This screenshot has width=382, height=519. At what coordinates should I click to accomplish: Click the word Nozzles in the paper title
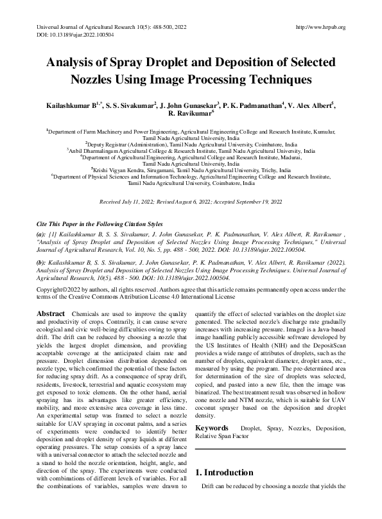tap(96, 80)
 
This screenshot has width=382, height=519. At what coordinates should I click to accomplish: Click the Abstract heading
tap(50, 312)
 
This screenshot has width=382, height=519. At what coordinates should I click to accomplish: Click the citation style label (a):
tap(42, 234)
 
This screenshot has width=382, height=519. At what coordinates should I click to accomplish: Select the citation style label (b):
tap(42, 264)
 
